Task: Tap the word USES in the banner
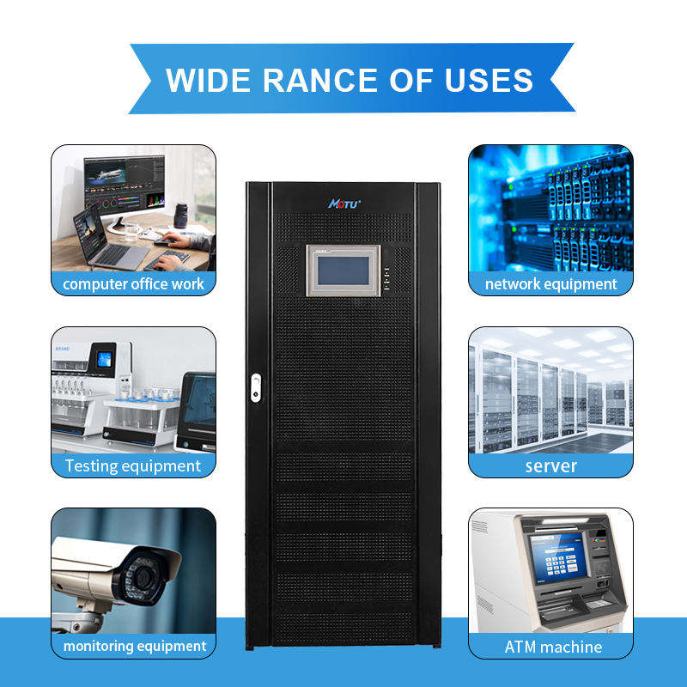[x=488, y=80]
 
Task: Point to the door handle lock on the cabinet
[x=254, y=386]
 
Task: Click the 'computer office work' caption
[x=133, y=283]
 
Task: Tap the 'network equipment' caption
[x=550, y=283]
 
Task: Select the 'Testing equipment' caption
[x=133, y=466]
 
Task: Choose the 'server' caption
[x=550, y=466]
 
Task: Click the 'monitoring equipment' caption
[x=133, y=646]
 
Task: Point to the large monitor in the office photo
[x=124, y=185]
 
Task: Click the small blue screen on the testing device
[x=104, y=360]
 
